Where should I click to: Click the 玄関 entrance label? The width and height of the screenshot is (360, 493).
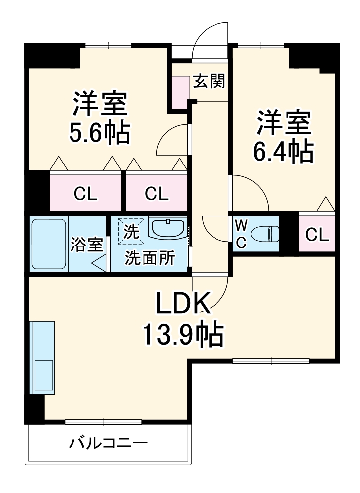pos(209,81)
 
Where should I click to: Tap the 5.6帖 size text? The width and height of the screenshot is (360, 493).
pos(100,133)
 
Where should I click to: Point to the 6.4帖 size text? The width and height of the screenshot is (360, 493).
pos(284,152)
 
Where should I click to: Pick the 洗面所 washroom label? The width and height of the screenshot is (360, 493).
pos(149,258)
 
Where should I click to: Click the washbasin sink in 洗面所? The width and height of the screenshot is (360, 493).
pos(168,229)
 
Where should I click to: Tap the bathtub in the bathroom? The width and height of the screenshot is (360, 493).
pos(48,244)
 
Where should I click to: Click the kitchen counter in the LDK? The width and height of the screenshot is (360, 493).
pos(42,357)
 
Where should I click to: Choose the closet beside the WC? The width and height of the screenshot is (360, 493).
pos(317,234)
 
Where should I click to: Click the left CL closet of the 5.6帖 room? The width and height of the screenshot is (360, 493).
pos(85,192)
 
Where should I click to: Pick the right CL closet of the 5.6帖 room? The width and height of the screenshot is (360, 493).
pos(156,192)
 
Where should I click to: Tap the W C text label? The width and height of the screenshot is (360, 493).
pos(240,234)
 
